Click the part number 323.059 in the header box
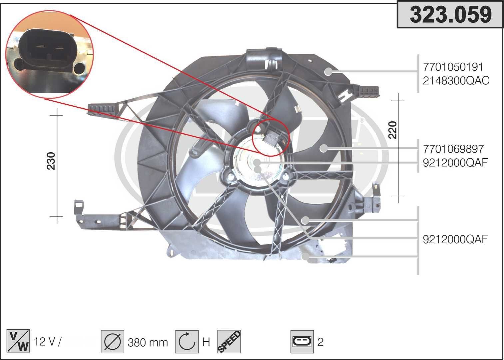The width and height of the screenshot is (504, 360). click(450, 15)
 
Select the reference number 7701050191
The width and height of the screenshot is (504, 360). click(453, 67)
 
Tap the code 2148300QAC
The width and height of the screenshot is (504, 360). click(456, 81)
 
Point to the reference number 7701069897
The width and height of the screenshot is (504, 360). click(453, 149)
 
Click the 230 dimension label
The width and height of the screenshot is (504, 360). click(51, 161)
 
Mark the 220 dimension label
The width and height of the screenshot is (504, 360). click(393, 130)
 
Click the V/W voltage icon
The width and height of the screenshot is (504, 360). click(18, 341)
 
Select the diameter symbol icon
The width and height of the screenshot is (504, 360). click(112, 342)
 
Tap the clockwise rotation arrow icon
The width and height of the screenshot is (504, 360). click(187, 342)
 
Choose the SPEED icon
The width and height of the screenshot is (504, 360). click(229, 342)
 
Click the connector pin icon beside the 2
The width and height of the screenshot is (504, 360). click(302, 342)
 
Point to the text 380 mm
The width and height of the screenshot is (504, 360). click(148, 342)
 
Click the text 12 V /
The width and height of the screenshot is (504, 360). click(48, 342)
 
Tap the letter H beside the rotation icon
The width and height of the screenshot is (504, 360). click(206, 342)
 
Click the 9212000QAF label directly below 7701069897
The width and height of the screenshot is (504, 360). click(455, 163)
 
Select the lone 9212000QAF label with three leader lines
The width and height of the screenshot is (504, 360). click(455, 239)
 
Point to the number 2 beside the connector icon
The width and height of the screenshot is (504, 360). click(320, 342)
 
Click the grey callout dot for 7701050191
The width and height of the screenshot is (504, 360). click(329, 71)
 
